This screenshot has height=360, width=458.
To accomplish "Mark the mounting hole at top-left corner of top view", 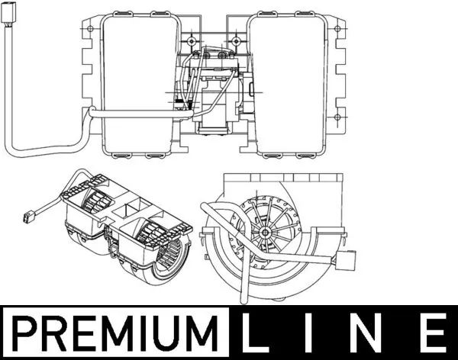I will [92, 31].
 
